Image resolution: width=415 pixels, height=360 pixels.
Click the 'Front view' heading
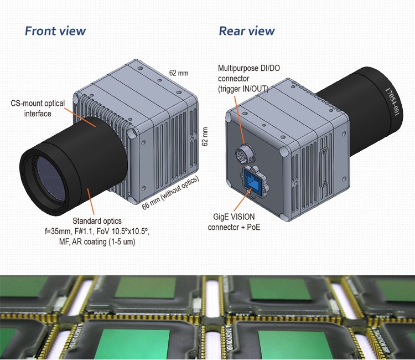[55, 30]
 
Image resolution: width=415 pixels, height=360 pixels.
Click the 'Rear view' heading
[247, 30]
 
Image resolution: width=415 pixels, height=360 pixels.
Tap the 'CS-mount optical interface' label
[38, 109]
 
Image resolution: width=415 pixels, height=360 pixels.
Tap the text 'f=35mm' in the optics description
[58, 232]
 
